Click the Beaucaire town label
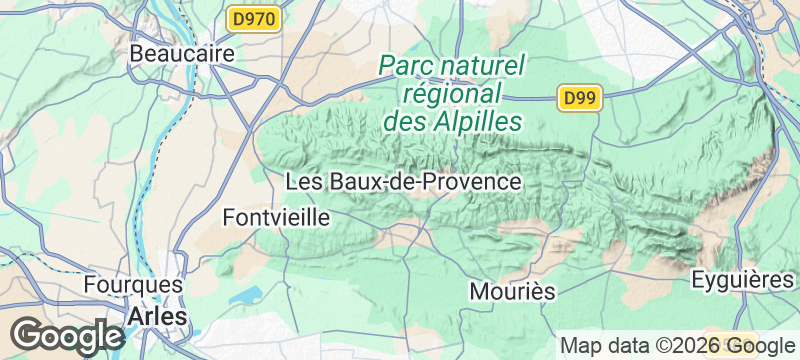[x=182, y=53]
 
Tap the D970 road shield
[x=255, y=19]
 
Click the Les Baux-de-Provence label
[x=403, y=182]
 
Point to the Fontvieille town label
[x=275, y=217]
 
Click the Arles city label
[x=158, y=316]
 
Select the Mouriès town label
[x=512, y=291]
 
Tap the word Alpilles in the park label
[x=483, y=122]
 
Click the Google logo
[x=67, y=334]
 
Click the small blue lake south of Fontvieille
[x=244, y=297]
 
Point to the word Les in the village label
[x=301, y=182]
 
